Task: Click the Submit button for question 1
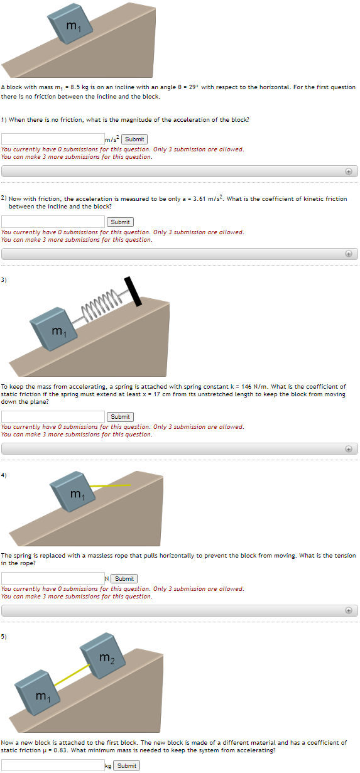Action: [x=134, y=139]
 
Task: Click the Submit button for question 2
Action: [x=119, y=222]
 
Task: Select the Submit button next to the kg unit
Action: [x=126, y=765]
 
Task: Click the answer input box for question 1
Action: [x=53, y=139]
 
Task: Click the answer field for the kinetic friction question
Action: [x=53, y=222]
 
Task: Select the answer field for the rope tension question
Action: [x=53, y=578]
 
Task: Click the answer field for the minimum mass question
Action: [x=53, y=765]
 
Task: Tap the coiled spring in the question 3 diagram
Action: [x=104, y=305]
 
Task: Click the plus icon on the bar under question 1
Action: [x=348, y=171]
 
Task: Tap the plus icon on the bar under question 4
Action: [x=348, y=610]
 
